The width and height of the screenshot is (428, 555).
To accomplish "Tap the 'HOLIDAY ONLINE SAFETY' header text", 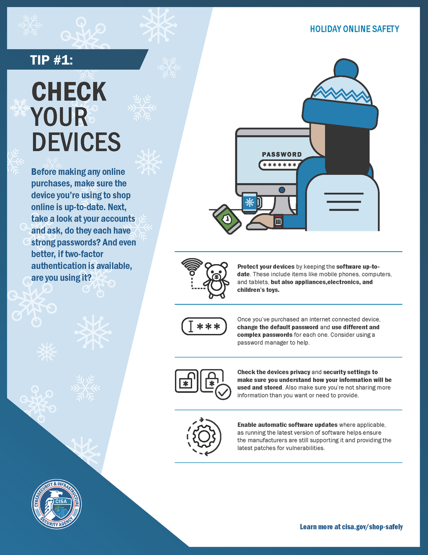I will coord(355,29).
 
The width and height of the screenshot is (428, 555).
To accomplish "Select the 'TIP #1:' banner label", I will coord(51,60).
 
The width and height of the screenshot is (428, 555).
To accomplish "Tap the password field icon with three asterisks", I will coord(204,327).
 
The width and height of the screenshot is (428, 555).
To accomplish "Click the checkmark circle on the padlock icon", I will coord(223,393).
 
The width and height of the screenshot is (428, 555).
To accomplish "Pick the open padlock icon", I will coord(186,382).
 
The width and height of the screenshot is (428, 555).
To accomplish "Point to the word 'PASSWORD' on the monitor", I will coord(282,154).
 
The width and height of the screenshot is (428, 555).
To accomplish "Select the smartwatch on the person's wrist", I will coord(278,221).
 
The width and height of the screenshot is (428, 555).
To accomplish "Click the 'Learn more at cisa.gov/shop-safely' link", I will coord(351,527).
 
